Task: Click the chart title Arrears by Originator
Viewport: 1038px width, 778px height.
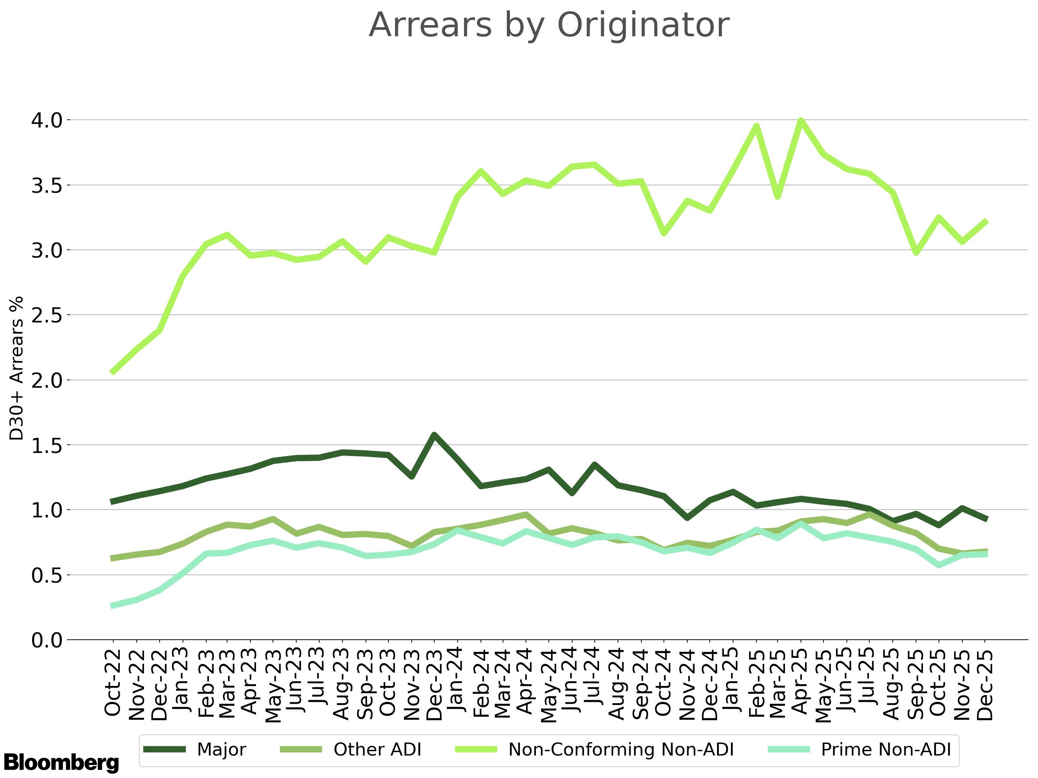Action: click(x=548, y=26)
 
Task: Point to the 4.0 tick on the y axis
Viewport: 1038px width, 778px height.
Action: click(x=46, y=121)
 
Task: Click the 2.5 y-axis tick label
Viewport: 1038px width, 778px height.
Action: click(x=46, y=316)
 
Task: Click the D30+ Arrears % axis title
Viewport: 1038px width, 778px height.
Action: click(x=17, y=368)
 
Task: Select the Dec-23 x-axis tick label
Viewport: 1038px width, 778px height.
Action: click(x=435, y=685)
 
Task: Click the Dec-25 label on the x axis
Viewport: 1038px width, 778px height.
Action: click(x=985, y=685)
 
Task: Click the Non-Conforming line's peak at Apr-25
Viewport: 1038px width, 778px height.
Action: click(x=801, y=121)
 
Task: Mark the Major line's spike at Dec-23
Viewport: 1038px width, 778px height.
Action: click(x=435, y=435)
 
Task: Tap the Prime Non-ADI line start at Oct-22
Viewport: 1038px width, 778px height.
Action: click(x=112, y=606)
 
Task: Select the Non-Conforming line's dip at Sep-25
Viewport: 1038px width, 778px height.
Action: click(x=916, y=253)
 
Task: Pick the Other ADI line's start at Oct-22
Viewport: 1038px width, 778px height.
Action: click(x=112, y=558)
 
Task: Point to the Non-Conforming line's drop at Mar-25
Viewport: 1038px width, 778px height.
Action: click(x=778, y=197)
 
